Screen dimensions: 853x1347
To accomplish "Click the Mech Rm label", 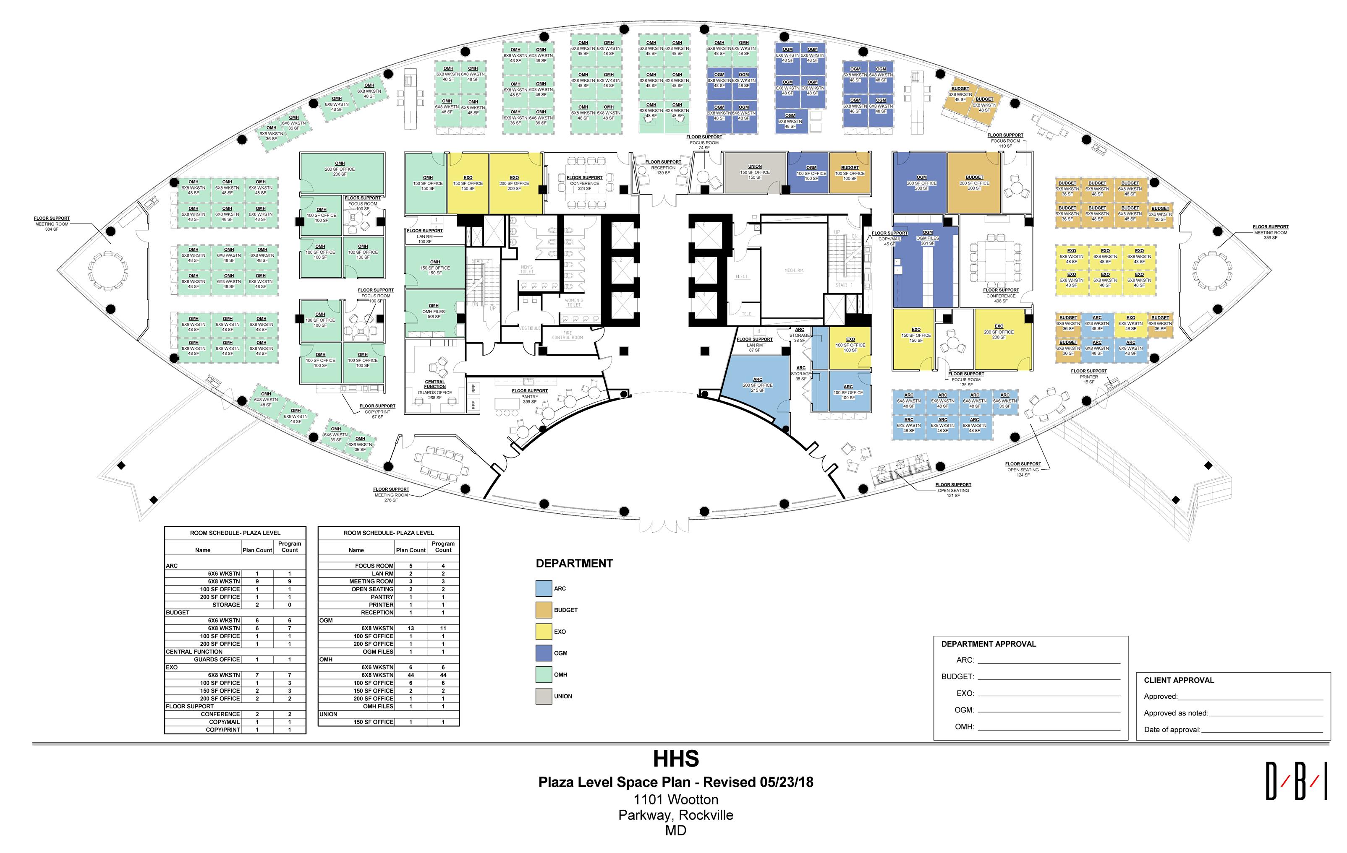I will pyautogui.click(x=793, y=270).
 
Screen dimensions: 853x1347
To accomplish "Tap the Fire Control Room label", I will pyautogui.click(x=567, y=335).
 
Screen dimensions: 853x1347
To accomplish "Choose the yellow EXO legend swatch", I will pyautogui.click(x=543, y=632).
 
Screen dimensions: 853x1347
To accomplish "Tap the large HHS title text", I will pyautogui.click(x=676, y=759).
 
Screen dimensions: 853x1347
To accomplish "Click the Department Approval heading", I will pyautogui.click(x=989, y=644).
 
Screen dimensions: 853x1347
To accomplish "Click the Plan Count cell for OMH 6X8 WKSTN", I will pyautogui.click(x=410, y=675).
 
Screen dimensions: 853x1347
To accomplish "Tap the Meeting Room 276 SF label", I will pyautogui.click(x=391, y=495).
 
